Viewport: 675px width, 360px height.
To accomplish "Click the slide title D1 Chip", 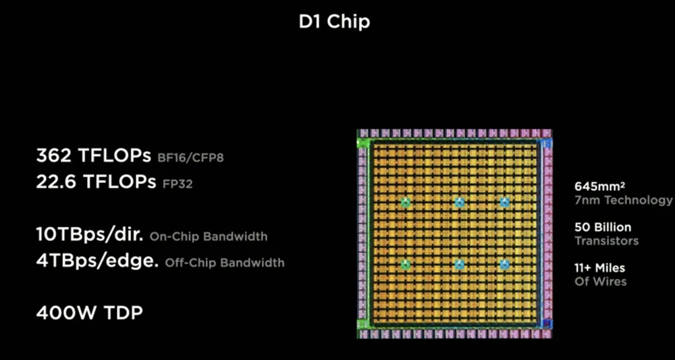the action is (334, 22).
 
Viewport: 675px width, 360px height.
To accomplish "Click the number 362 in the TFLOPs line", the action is (53, 157).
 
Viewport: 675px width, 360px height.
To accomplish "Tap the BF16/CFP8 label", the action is (192, 158).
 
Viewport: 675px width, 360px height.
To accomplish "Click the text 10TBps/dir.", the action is (90, 235).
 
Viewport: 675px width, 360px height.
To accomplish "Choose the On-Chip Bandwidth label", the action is (209, 237).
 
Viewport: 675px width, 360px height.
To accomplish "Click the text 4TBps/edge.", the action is (97, 261).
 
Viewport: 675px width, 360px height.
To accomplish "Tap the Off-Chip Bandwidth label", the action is (225, 263).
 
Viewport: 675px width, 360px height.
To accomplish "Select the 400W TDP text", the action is (89, 313).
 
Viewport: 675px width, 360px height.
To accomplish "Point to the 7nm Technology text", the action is (623, 200).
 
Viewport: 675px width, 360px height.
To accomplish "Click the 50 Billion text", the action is (603, 227).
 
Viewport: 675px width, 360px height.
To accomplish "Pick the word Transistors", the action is (606, 240).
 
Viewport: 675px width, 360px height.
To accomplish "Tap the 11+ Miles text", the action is (599, 268).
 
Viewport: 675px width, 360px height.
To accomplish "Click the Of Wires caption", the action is (600, 281).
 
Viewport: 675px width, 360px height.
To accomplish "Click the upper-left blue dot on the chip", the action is (406, 202).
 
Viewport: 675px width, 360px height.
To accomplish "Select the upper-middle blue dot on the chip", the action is (460, 202).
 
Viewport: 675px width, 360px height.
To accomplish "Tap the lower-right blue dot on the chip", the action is (504, 264).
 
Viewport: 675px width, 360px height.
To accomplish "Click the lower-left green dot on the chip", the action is (406, 264).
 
